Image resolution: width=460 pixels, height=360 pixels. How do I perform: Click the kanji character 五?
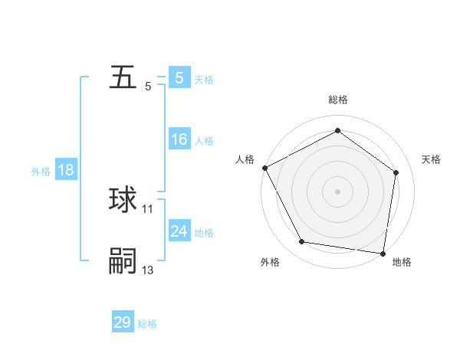tap(123, 79)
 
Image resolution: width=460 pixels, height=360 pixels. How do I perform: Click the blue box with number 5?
tap(179, 78)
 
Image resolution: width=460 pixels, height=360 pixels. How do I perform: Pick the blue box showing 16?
tap(179, 139)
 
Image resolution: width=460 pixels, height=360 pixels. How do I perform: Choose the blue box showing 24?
tap(179, 231)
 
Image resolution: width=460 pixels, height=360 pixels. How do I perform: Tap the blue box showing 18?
tap(66, 170)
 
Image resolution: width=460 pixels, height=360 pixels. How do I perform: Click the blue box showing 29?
tap(123, 322)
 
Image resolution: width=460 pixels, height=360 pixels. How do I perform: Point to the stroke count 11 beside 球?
tap(148, 208)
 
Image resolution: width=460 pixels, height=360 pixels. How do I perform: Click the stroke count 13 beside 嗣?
tap(148, 270)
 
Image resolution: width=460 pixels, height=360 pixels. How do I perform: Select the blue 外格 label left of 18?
tap(41, 172)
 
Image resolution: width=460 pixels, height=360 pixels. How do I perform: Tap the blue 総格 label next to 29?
tap(147, 324)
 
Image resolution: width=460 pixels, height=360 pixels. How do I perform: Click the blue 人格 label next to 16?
tap(204, 141)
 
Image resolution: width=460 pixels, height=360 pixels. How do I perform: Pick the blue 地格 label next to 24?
tap(204, 233)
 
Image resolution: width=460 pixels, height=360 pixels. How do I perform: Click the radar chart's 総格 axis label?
tap(338, 100)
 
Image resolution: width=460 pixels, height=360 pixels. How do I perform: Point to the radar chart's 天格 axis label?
tap(432, 159)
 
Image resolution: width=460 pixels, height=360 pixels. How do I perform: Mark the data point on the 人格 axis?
tap(264, 168)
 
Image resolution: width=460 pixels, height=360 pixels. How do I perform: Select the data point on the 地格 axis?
tap(383, 253)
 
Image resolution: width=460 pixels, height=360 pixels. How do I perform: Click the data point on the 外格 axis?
tap(301, 242)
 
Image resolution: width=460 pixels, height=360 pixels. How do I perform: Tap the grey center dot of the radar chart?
tap(337, 191)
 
